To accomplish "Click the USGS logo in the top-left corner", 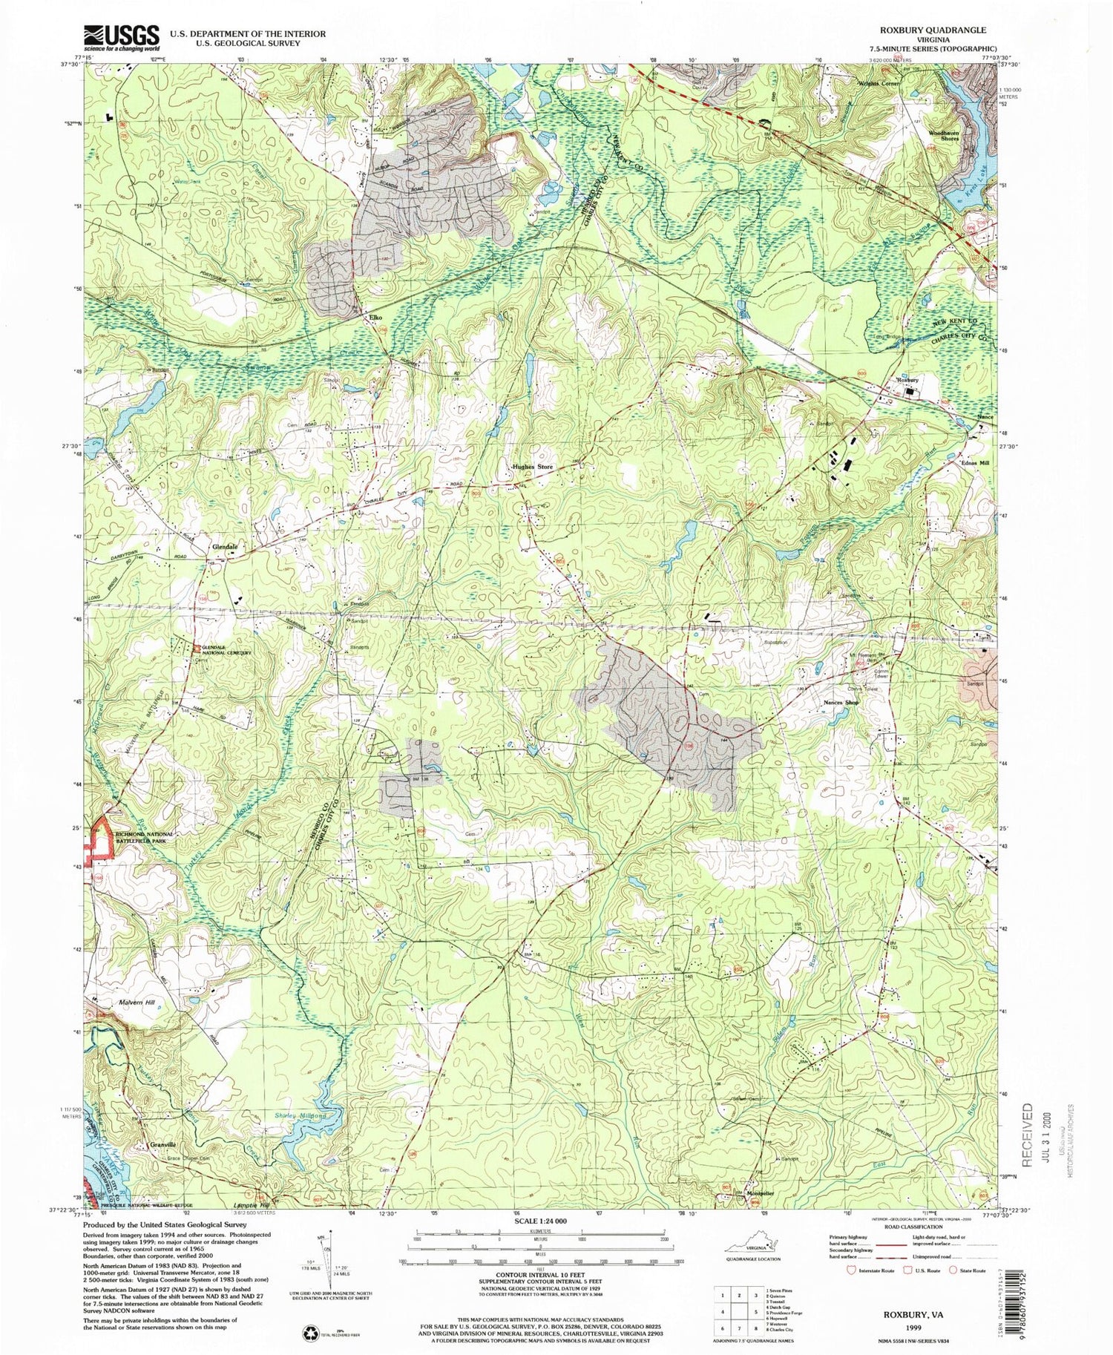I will coord(122,37).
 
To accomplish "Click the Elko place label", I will coord(375,318).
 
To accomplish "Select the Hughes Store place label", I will coord(532,467).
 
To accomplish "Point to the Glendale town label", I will coord(225,547).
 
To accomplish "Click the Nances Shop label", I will coord(841,702).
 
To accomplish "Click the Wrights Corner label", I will coord(879,84).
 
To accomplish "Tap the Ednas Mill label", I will coord(976,462).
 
